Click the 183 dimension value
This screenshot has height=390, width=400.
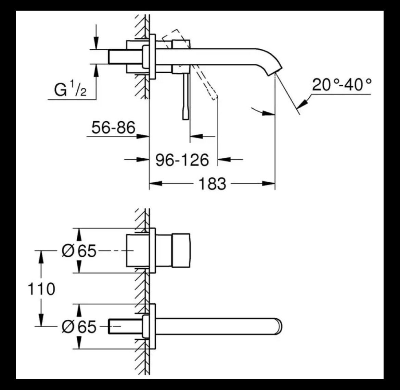click(212, 183)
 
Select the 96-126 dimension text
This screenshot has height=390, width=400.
click(182, 160)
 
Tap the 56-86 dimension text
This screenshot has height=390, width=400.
click(113, 127)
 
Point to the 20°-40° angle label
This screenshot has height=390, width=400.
click(341, 85)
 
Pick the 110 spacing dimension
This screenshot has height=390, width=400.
click(41, 289)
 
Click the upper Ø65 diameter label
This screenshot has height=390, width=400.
click(79, 251)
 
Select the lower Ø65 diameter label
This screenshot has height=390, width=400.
click(79, 326)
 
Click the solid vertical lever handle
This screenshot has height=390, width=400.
click(186, 97)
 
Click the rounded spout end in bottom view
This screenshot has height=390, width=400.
click(279, 326)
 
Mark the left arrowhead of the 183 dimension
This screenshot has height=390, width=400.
click(156, 183)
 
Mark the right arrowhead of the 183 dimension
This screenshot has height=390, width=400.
click(269, 183)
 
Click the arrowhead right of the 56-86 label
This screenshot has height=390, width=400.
click(143, 136)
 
